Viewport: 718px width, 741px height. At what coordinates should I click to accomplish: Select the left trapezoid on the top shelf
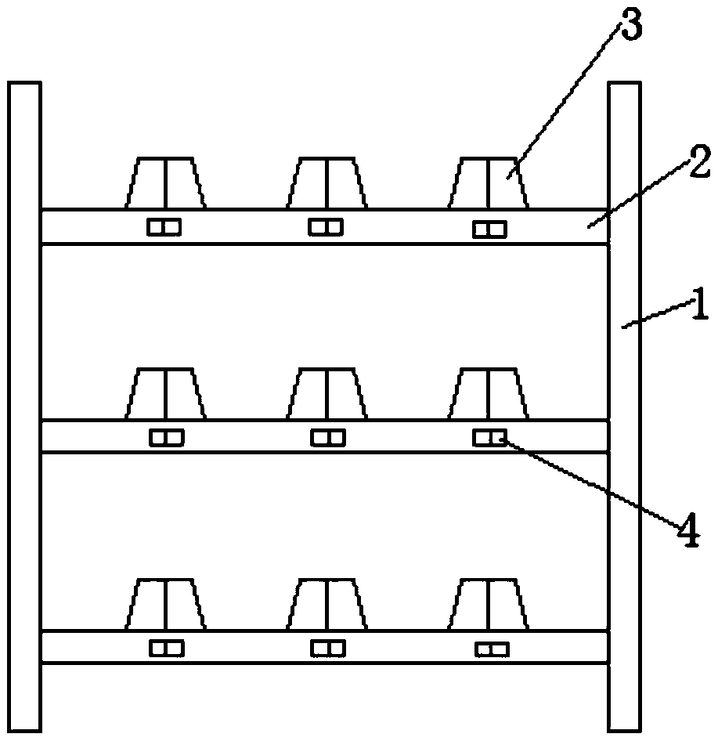pyautogui.click(x=165, y=183)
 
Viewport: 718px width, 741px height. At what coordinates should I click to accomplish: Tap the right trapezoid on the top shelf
pyautogui.click(x=489, y=183)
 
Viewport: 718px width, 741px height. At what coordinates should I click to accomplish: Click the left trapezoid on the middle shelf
pyautogui.click(x=165, y=394)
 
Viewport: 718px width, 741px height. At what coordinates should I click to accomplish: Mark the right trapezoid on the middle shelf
pyautogui.click(x=489, y=394)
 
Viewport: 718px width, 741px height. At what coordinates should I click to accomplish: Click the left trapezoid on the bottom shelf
pyautogui.click(x=165, y=605)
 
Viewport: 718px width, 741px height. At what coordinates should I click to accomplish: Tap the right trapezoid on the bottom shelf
pyautogui.click(x=489, y=605)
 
